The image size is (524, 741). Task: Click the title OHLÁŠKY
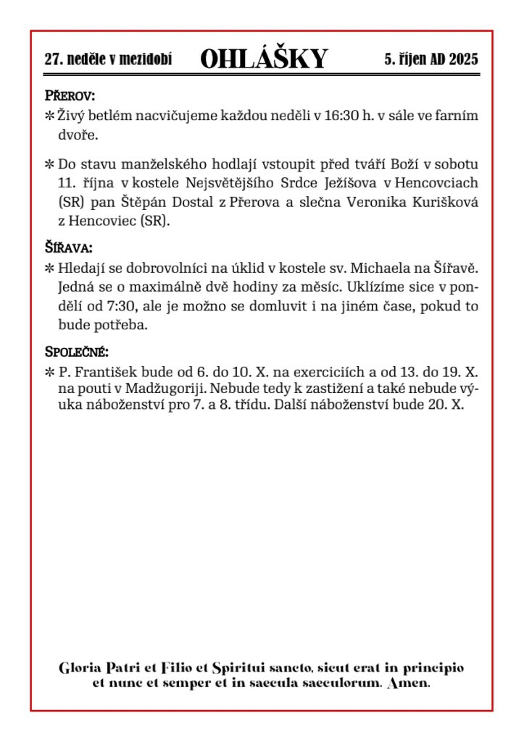[264, 59]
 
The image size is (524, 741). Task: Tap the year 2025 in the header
[463, 60]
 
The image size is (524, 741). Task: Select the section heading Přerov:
[70, 96]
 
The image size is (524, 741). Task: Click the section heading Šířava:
[69, 247]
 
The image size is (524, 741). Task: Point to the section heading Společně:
[77, 353]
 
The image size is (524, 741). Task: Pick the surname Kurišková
[442, 203]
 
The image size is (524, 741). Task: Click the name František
[111, 373]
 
